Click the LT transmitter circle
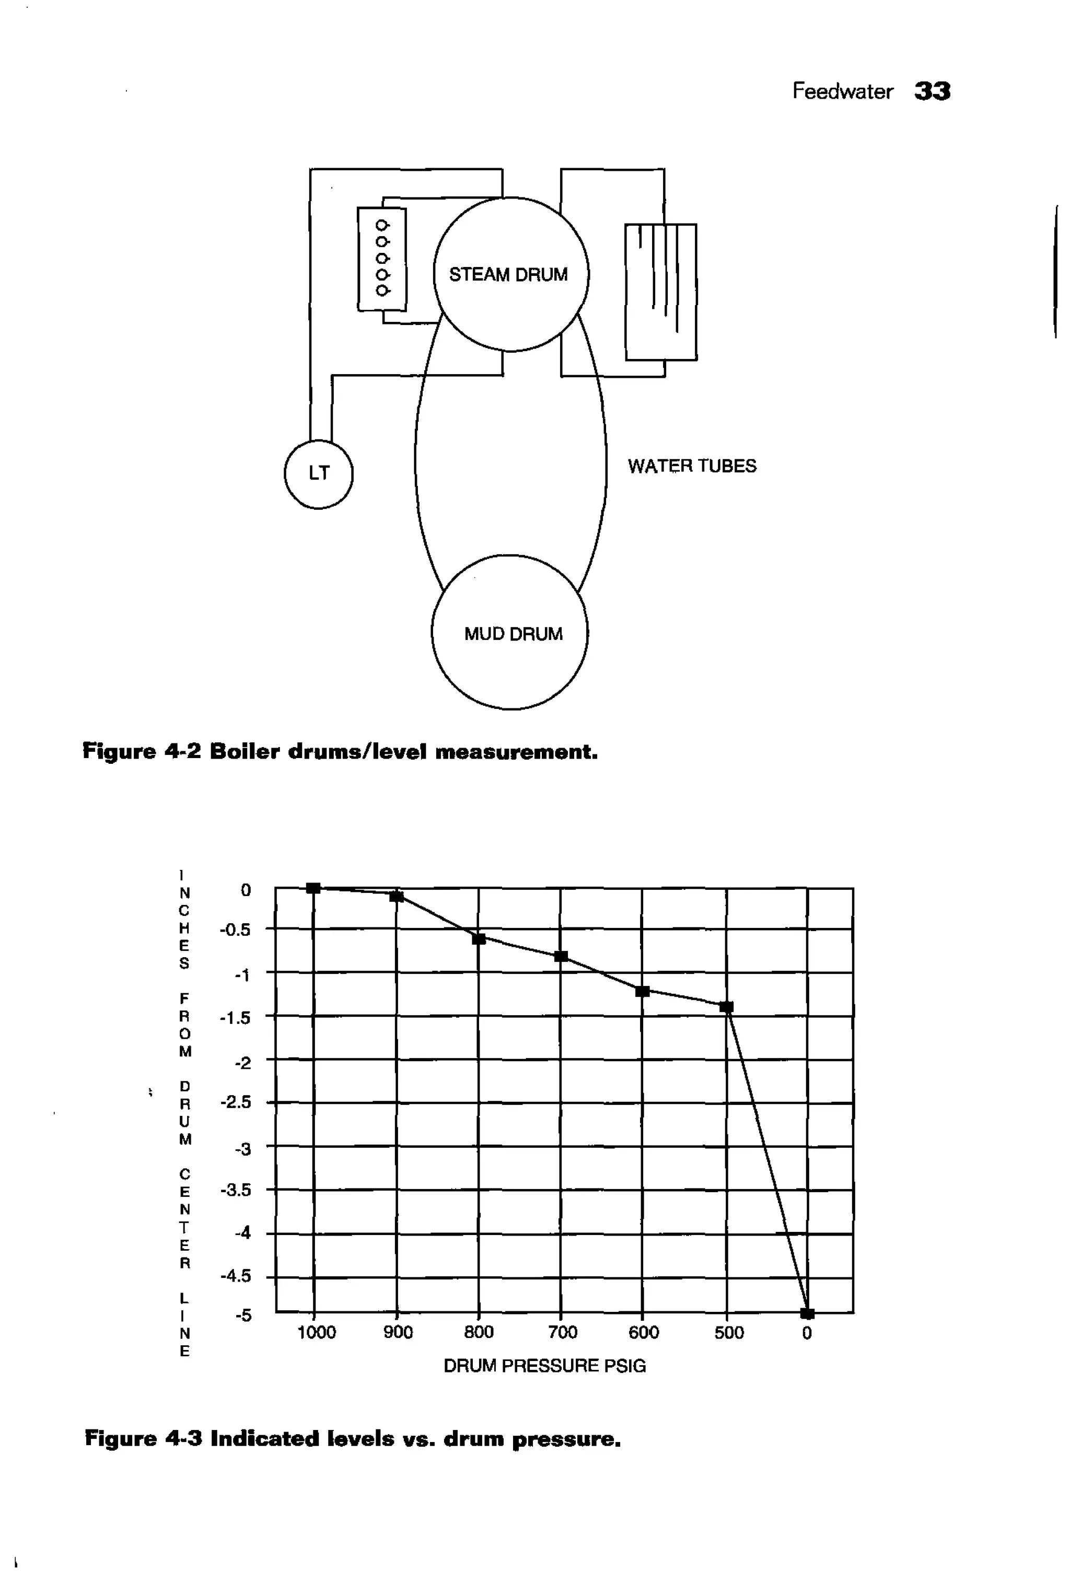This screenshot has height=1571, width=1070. (318, 473)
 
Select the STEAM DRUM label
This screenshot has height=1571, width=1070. (508, 274)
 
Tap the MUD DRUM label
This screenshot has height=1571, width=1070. (513, 634)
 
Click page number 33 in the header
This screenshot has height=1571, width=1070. (932, 90)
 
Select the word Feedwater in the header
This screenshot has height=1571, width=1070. (842, 91)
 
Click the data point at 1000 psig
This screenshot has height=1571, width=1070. (313, 888)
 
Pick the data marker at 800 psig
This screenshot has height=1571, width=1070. (479, 939)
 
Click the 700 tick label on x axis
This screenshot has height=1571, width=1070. (562, 1332)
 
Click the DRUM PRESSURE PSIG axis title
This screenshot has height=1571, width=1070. (544, 1366)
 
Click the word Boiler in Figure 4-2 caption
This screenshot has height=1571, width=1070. (244, 752)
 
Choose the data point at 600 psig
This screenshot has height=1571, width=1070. (643, 992)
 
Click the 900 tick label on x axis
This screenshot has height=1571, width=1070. (398, 1332)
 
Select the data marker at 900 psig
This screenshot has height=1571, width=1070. (397, 897)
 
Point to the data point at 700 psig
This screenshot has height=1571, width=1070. (561, 956)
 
